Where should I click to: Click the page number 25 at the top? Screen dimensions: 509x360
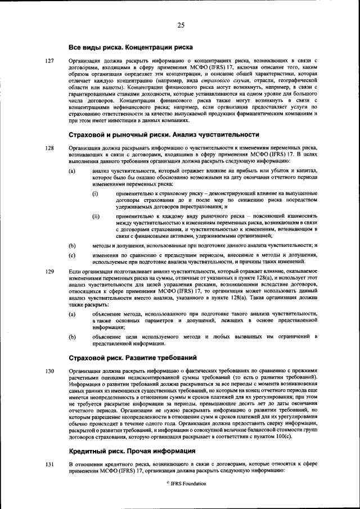(181, 25)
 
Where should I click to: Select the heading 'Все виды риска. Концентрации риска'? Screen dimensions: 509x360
(130, 47)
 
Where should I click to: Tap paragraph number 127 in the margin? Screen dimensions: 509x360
(49, 60)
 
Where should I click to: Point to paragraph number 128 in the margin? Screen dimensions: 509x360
(49, 148)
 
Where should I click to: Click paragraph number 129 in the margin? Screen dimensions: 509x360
(49, 271)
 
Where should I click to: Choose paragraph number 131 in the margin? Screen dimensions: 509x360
(49, 463)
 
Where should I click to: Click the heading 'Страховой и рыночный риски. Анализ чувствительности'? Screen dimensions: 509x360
(164, 135)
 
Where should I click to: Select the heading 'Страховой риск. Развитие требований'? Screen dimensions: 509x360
(132, 358)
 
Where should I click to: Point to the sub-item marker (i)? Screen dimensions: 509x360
(96, 194)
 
